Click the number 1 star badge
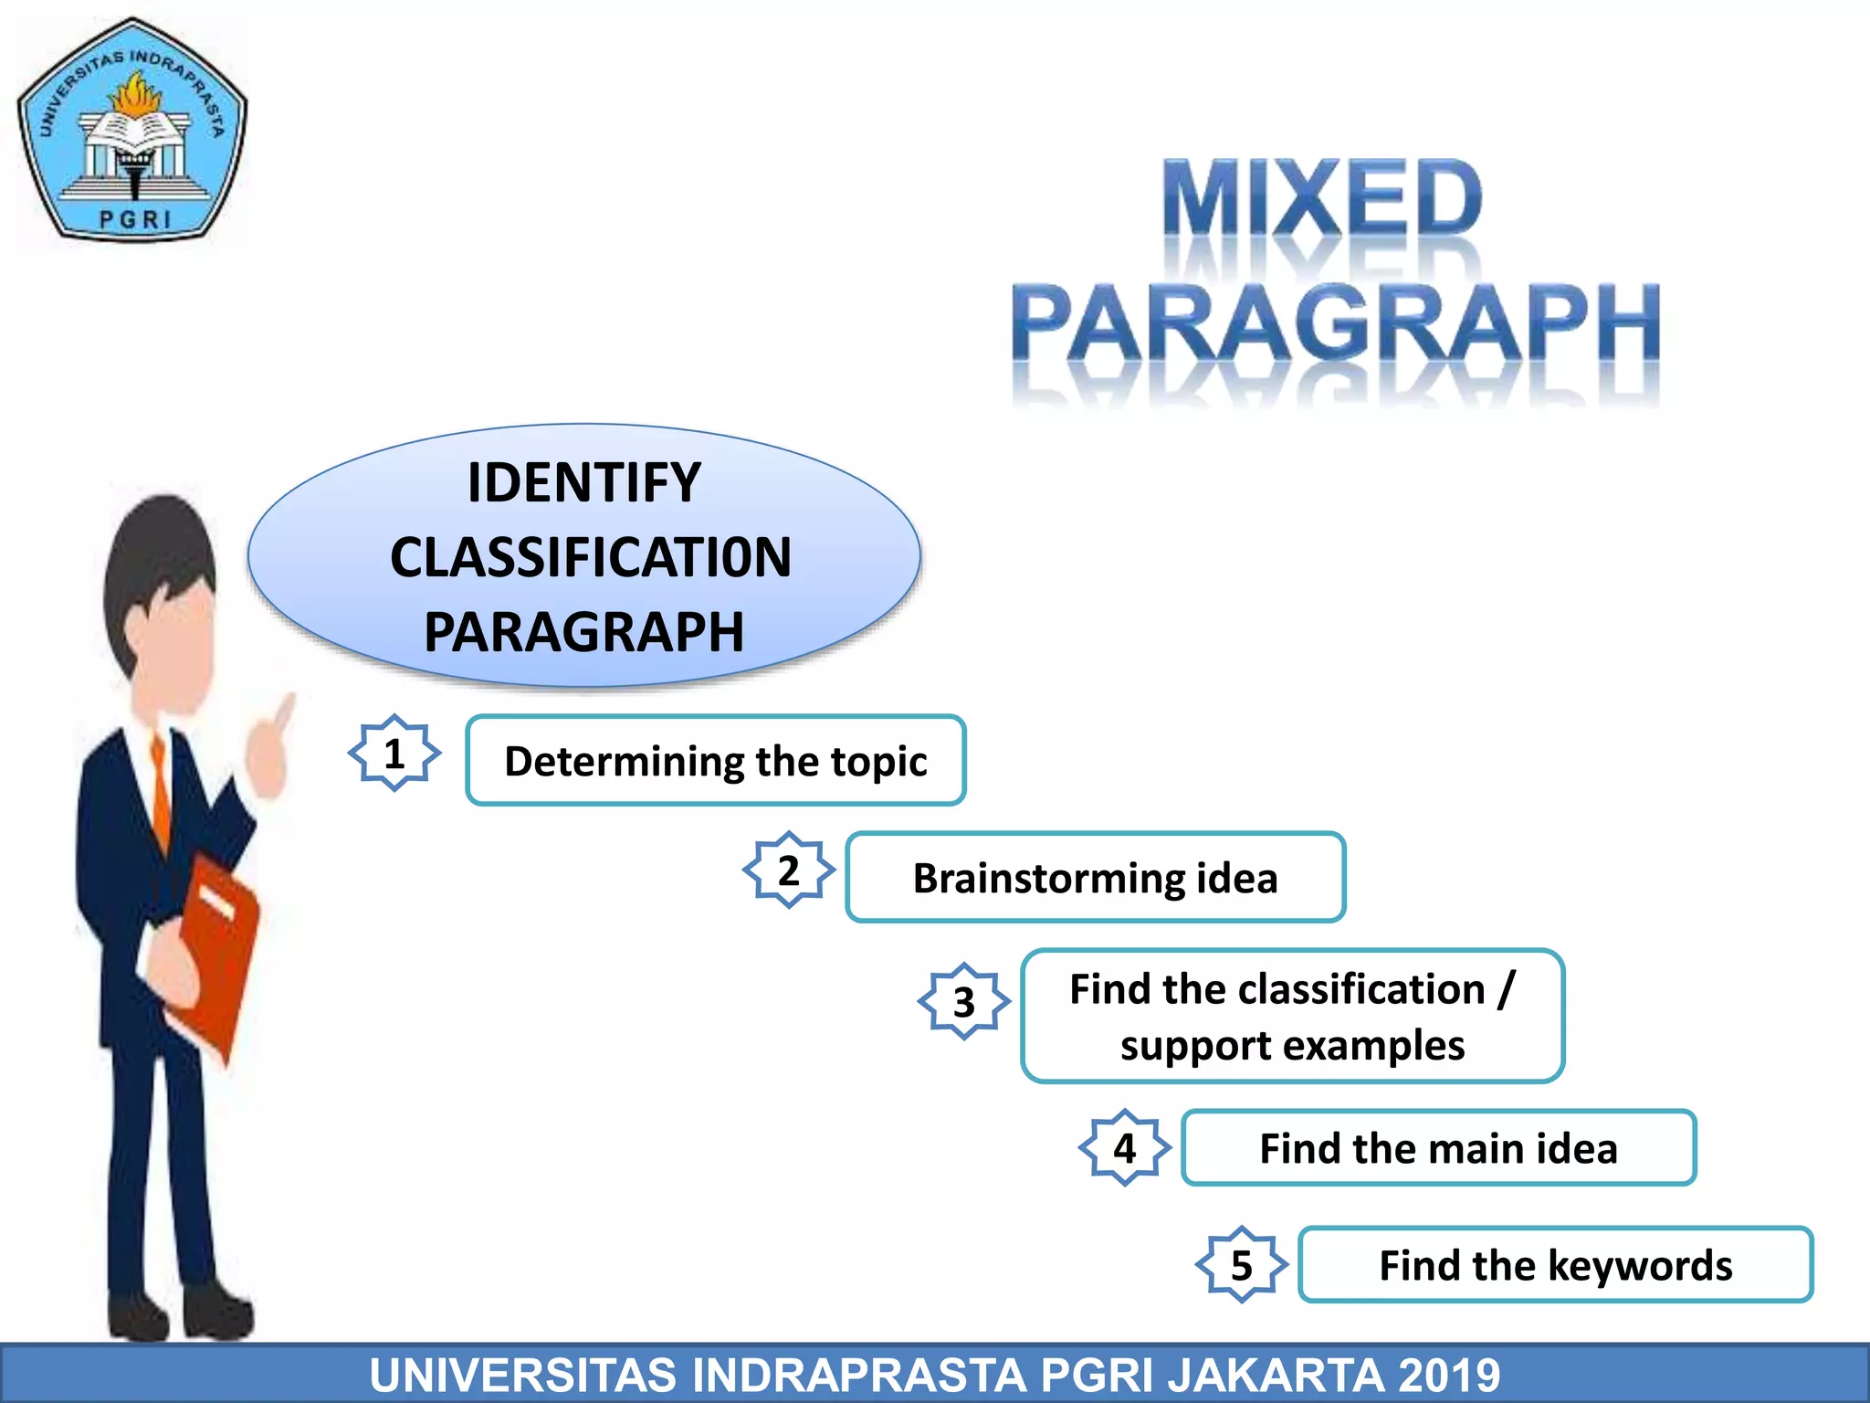[x=394, y=754]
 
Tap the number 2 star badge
[x=789, y=870]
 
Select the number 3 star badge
[x=964, y=1002]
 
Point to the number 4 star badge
[x=1125, y=1148]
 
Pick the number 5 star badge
[x=1242, y=1265]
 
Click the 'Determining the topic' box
[x=715, y=761]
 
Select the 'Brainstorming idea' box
[x=1095, y=878]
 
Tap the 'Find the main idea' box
[x=1438, y=1148]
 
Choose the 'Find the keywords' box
[x=1555, y=1265]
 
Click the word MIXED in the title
[x=1321, y=199]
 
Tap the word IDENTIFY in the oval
[x=584, y=482]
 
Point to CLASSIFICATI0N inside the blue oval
[x=591, y=557]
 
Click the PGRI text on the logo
[x=134, y=220]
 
